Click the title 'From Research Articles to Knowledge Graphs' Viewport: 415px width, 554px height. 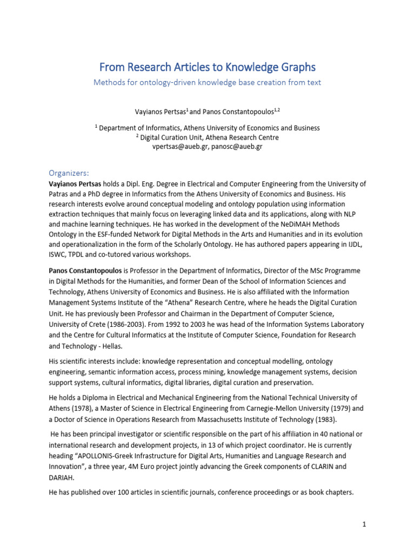click(x=207, y=67)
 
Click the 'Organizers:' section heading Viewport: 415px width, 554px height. click(x=68, y=173)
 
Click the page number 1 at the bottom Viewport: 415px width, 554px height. click(x=365, y=524)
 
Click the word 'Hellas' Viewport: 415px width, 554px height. click(x=114, y=346)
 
